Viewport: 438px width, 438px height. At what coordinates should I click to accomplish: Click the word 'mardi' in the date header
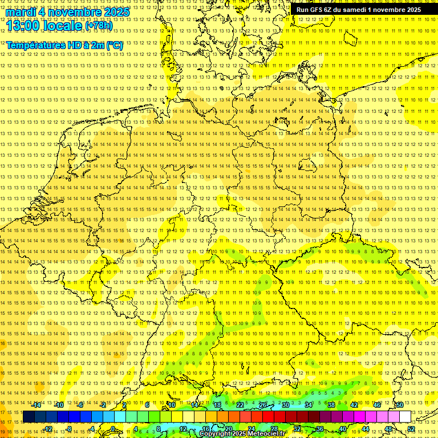tap(21, 11)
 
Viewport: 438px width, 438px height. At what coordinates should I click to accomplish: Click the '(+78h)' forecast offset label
tap(99, 26)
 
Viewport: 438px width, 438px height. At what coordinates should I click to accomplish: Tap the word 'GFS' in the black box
tap(315, 10)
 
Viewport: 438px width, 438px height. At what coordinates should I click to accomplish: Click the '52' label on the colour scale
tap(411, 429)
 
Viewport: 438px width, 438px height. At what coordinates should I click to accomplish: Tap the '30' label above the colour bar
tap(286, 405)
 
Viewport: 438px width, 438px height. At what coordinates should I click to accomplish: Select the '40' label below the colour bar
tap(343, 429)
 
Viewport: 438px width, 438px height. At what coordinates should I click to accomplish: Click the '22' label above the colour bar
tap(240, 405)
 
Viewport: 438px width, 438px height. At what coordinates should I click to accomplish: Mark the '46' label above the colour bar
tap(377, 405)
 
